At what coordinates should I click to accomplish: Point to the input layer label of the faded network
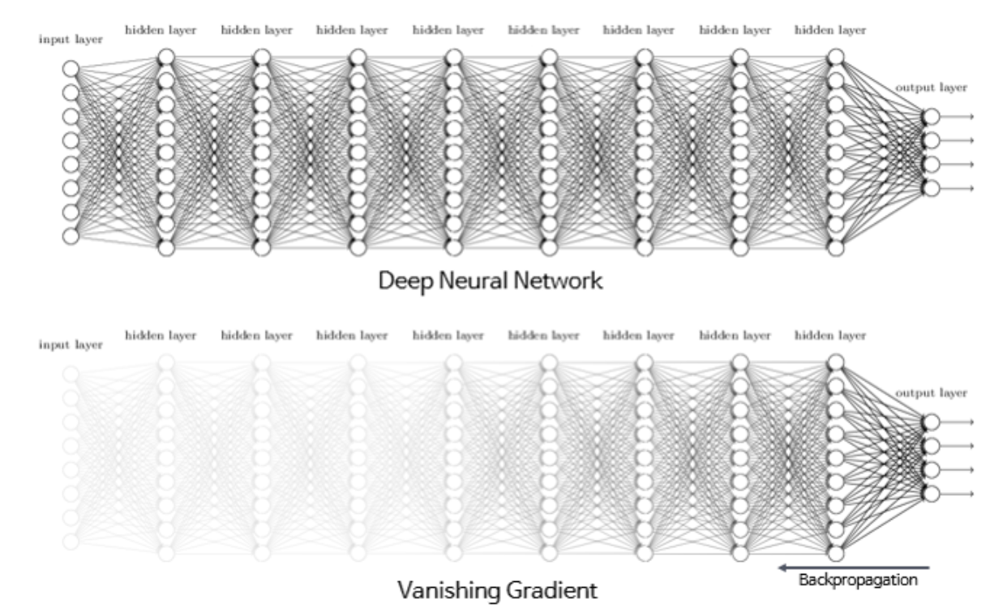point(71,345)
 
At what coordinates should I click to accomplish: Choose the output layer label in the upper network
point(931,88)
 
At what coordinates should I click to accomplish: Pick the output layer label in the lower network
point(931,393)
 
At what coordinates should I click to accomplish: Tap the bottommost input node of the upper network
point(71,236)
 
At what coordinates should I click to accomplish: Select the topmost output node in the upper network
point(931,117)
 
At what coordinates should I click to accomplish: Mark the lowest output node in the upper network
point(931,188)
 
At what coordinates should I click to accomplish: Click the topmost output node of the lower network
point(931,422)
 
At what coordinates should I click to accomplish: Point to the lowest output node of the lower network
point(931,494)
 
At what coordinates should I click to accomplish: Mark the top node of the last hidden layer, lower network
point(835,362)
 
